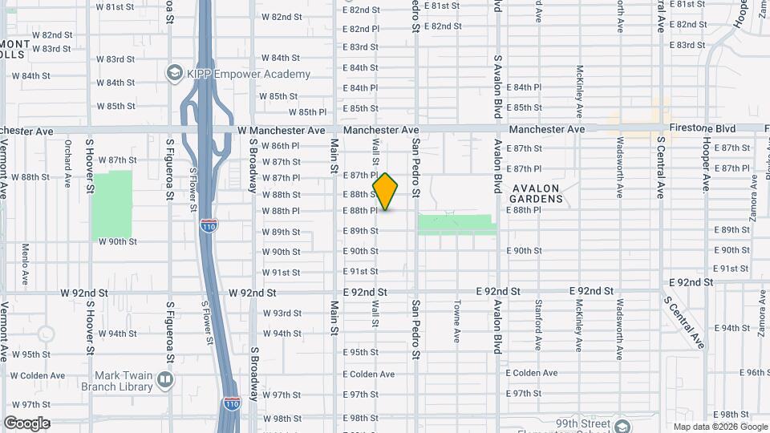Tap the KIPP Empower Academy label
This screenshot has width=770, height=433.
(x=249, y=74)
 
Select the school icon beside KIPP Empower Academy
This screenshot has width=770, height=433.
(x=174, y=74)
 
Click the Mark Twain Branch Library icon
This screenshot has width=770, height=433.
(x=164, y=378)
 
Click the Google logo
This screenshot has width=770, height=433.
(x=26, y=423)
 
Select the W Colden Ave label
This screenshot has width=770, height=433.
(x=38, y=374)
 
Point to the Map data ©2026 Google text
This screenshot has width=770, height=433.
(x=719, y=427)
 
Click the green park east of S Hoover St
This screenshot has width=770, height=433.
(x=111, y=204)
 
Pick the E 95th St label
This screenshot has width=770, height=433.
(x=360, y=352)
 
